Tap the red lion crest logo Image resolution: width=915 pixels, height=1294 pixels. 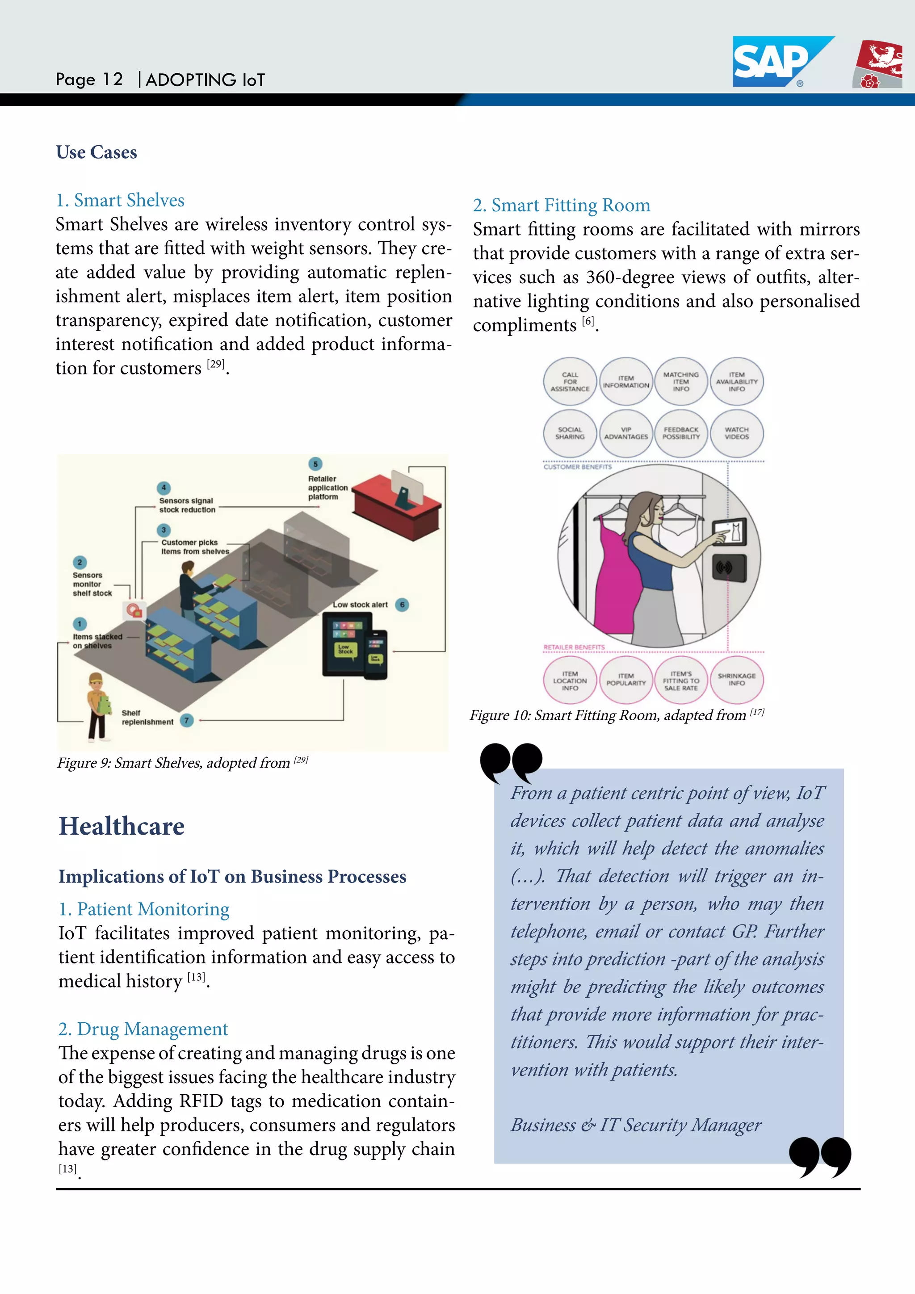point(878,64)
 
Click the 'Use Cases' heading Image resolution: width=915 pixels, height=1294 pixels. point(97,152)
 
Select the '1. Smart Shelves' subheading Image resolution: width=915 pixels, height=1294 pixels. point(120,200)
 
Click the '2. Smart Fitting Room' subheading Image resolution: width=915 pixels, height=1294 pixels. point(561,205)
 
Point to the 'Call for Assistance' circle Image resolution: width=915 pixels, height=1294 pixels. point(570,382)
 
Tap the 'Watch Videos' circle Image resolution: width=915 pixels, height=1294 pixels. point(736,433)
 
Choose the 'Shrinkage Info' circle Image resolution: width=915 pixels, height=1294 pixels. point(736,679)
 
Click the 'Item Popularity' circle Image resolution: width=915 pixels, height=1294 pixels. point(625,679)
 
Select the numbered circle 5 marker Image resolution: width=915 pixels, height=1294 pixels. point(315,464)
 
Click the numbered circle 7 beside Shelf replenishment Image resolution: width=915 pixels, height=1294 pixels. point(186,720)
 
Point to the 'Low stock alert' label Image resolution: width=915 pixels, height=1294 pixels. point(360,605)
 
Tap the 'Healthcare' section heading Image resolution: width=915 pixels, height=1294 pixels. point(122,826)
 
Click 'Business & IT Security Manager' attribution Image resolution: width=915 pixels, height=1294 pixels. point(636,1125)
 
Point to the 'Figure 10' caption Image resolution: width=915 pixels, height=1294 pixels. point(617,715)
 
